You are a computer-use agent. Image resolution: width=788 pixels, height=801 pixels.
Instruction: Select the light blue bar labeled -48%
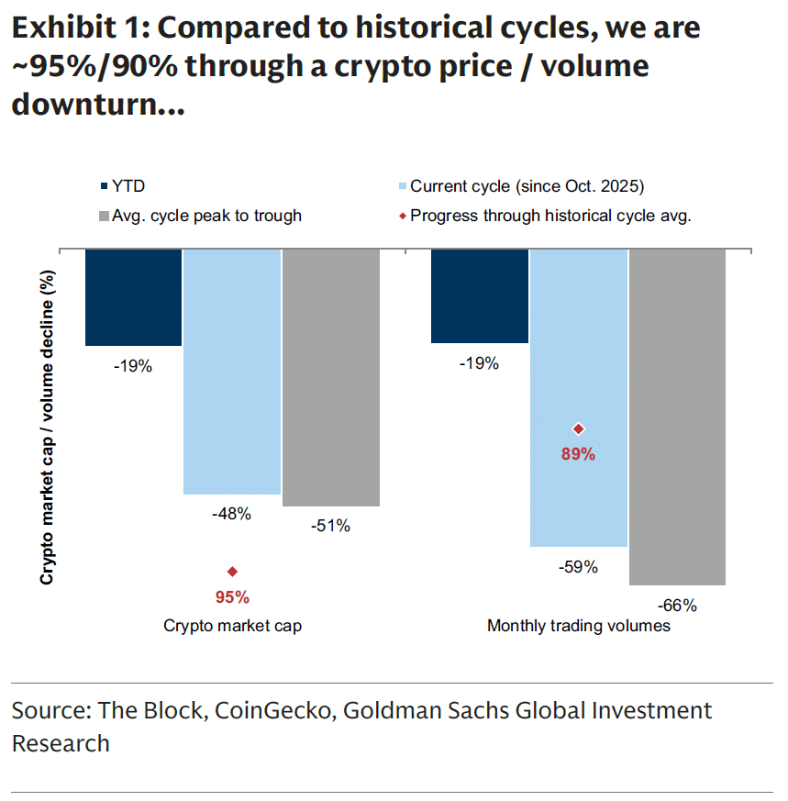(231, 372)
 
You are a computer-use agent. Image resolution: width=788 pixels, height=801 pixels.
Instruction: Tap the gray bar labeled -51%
(330, 377)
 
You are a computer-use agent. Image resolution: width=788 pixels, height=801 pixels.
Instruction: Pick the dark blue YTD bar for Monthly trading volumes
(479, 295)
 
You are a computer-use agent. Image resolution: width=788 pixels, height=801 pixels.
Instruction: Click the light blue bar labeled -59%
(578, 397)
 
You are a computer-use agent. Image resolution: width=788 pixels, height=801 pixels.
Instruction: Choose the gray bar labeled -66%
(677, 417)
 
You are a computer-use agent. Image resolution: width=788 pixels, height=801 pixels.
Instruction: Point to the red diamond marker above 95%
(232, 572)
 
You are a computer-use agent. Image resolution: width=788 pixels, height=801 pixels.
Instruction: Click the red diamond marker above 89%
(578, 428)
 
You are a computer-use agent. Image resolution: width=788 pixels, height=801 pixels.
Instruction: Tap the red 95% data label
(232, 597)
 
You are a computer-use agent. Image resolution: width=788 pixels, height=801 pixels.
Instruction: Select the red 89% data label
(578, 454)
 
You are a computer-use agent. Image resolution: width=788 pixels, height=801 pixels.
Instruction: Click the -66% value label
(677, 606)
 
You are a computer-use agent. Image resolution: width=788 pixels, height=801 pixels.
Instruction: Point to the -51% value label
(330, 527)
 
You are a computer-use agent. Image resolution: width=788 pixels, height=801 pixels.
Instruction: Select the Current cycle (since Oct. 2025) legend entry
(518, 187)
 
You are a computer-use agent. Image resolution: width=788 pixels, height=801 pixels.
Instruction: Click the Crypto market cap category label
(232, 627)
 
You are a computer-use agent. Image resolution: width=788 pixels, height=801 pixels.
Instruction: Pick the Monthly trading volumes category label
(578, 627)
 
